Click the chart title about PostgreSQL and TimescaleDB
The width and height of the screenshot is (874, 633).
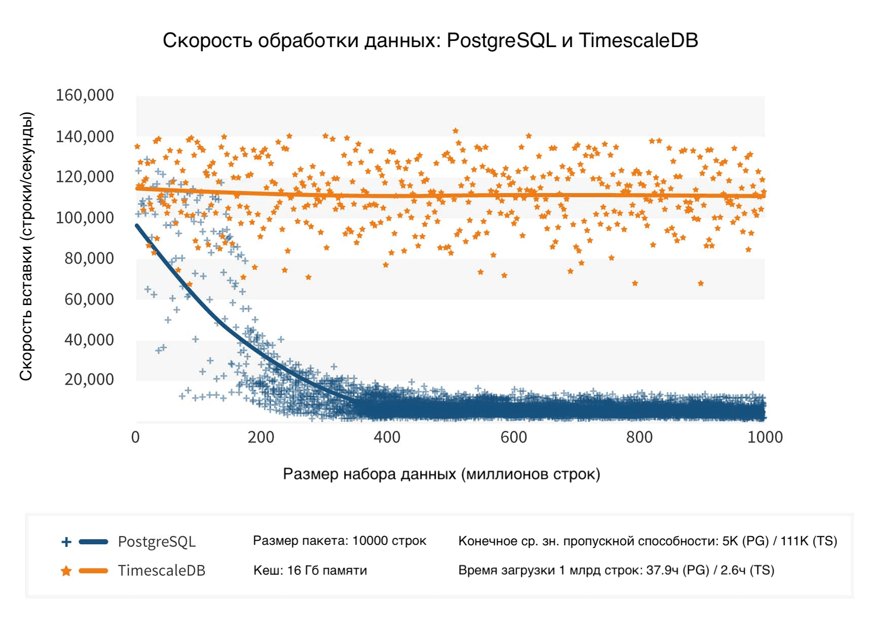click(430, 41)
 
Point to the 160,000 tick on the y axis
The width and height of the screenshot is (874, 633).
click(85, 95)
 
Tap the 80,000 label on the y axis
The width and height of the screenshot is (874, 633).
click(89, 258)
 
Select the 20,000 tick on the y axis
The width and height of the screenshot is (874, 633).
click(89, 379)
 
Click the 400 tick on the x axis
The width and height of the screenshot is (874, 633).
click(387, 437)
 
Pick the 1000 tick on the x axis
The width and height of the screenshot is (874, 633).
click(765, 437)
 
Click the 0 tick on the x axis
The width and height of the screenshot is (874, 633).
click(135, 437)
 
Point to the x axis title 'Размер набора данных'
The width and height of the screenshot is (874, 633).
click(441, 474)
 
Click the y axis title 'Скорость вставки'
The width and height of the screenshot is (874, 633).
click(26, 246)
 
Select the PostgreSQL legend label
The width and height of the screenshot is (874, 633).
click(157, 542)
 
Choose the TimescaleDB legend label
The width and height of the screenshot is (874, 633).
click(162, 571)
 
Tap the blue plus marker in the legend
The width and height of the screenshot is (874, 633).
click(66, 542)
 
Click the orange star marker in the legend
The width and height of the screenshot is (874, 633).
click(66, 571)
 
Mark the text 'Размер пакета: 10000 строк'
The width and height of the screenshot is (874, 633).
click(339, 541)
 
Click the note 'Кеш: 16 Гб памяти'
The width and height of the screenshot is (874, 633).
click(310, 571)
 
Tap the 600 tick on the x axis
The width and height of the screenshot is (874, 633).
click(514, 437)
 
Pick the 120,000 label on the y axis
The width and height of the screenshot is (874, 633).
click(85, 177)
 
